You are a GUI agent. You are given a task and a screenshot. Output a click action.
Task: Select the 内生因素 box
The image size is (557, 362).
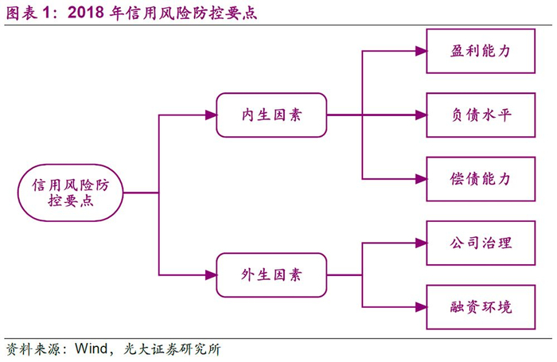point(271,115)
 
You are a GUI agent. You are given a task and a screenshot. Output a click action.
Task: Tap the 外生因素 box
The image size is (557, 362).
point(271,275)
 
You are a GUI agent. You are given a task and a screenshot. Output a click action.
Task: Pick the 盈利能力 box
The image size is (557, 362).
point(480,52)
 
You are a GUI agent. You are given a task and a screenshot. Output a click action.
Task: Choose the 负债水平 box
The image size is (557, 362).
point(480,115)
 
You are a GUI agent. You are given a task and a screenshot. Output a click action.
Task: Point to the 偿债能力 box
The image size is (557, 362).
point(480,179)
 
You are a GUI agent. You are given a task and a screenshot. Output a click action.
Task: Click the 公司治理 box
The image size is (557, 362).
point(480,243)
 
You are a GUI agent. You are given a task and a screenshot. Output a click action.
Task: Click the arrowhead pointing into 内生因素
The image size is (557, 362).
point(211,115)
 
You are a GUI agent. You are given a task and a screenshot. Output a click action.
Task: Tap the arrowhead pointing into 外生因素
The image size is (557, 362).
point(211,275)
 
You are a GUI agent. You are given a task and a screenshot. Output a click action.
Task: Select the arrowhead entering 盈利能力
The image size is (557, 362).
point(421,52)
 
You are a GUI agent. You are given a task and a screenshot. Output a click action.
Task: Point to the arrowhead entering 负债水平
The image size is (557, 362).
point(421,115)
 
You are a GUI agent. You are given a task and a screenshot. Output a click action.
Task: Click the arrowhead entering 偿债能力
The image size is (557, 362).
point(421,179)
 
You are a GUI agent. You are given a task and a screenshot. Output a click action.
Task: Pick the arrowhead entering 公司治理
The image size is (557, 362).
point(421,243)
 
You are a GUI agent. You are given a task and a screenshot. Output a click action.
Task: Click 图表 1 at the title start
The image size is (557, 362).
point(30,14)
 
